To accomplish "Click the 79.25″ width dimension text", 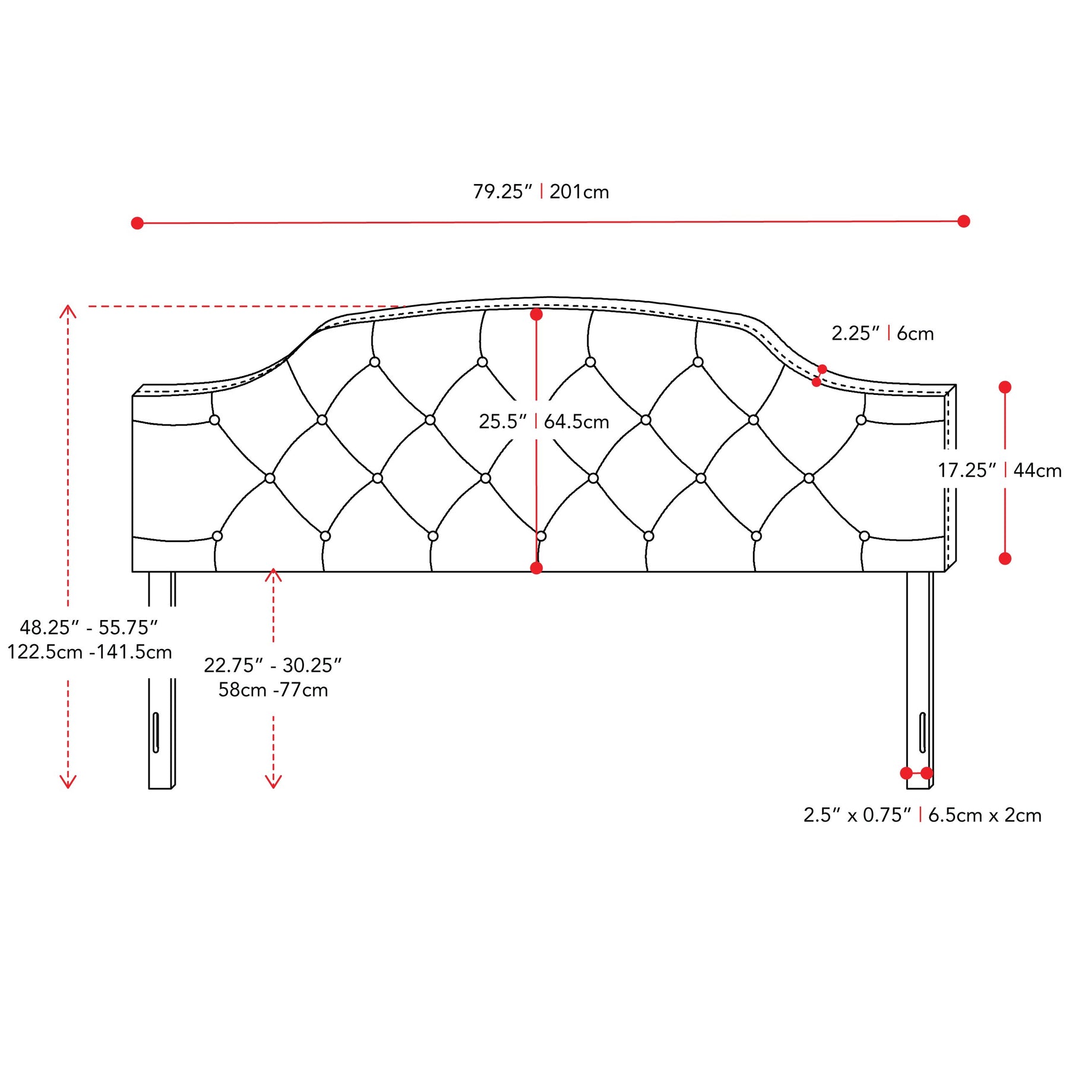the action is (502, 192).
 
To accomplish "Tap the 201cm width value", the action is (579, 192).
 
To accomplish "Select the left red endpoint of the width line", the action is (137, 223).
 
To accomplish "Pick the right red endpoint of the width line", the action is (964, 222).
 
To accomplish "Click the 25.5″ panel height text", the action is (503, 422).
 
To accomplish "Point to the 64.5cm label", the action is (577, 422).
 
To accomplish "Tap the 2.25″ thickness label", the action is (855, 334).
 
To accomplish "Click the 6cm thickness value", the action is (915, 334).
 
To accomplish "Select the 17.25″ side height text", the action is (967, 470).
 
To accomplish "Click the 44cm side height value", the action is (1038, 470).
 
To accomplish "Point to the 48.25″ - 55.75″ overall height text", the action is (89, 627).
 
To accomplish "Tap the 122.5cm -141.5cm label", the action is (90, 652).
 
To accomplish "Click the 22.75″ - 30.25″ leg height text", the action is (273, 665).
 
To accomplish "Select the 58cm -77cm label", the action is (273, 690).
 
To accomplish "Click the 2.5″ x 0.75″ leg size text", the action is (857, 815).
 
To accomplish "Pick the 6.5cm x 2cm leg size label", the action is (985, 815).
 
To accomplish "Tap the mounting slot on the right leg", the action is (922, 732).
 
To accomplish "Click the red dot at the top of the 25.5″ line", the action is (536, 315).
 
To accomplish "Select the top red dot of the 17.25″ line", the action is (1005, 387).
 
